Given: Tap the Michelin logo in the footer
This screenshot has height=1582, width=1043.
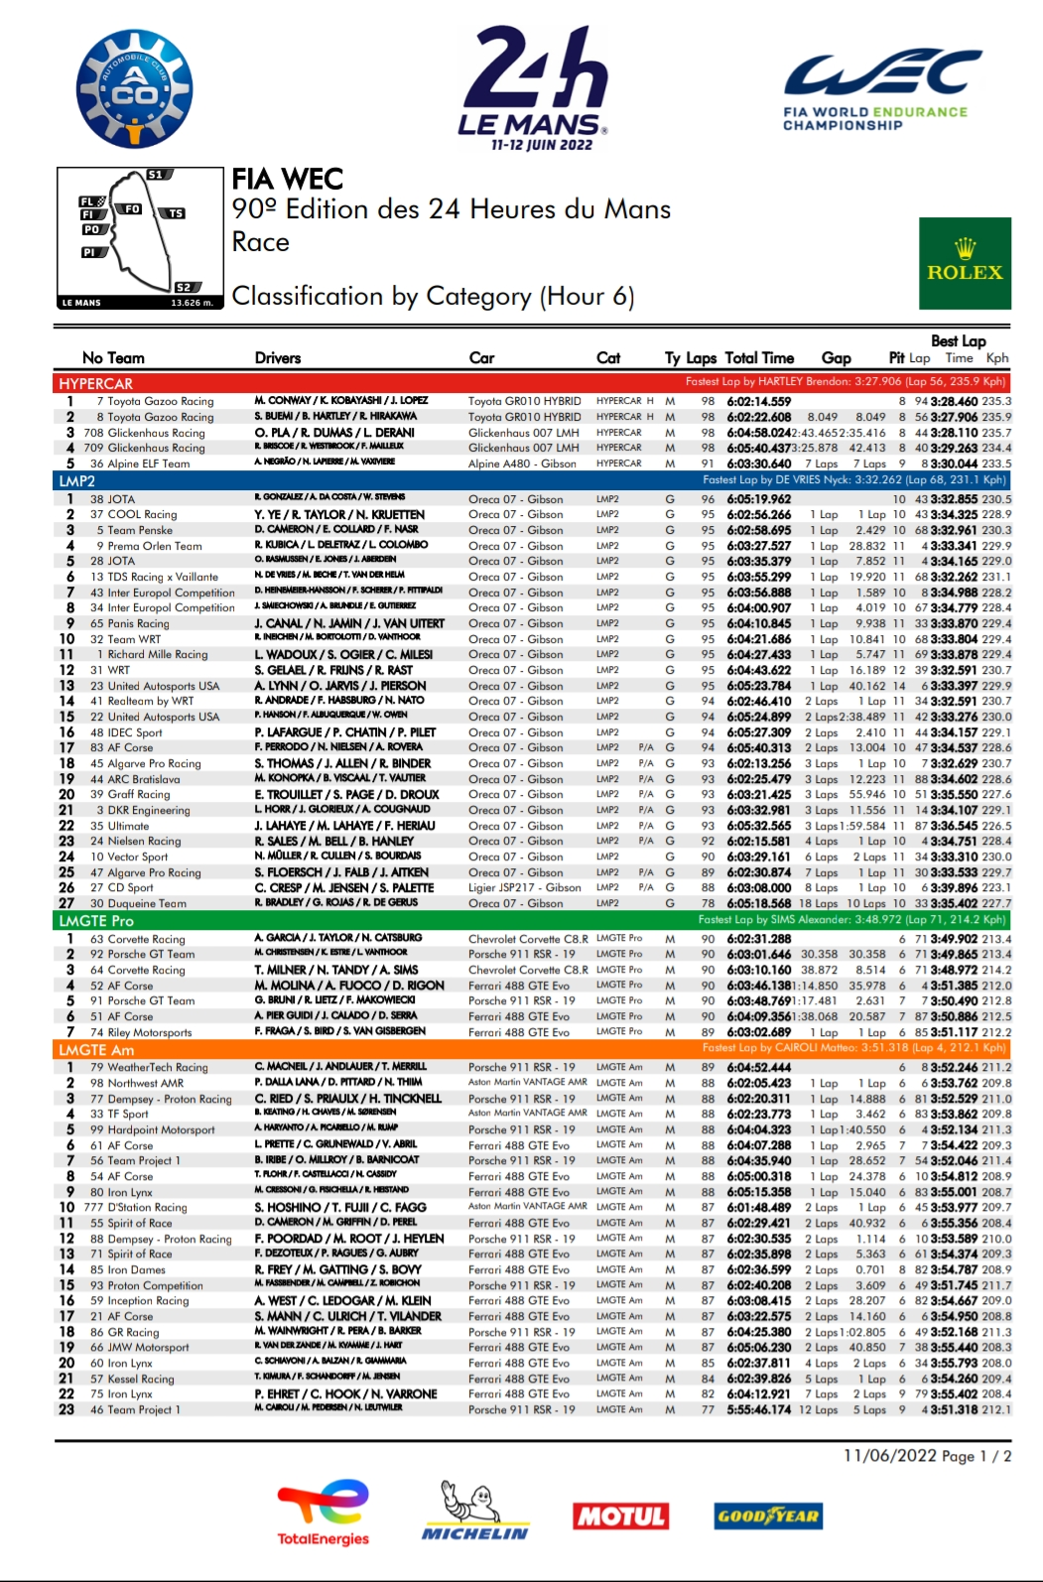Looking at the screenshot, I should click(x=474, y=1511).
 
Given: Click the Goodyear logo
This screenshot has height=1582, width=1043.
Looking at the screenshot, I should click(x=767, y=1516).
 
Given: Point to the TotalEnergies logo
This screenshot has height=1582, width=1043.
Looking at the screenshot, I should click(x=323, y=1513).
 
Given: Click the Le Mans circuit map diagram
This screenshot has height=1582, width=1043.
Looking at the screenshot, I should click(x=140, y=238).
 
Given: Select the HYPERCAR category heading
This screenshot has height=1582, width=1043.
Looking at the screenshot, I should click(x=95, y=383).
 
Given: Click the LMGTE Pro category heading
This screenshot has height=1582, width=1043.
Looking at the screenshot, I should click(x=96, y=921).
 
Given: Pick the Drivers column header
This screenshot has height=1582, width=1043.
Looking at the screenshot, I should click(x=278, y=358).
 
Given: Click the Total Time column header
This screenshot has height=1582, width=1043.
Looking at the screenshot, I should click(x=759, y=358).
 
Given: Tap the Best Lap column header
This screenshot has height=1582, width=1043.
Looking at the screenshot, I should click(x=958, y=341).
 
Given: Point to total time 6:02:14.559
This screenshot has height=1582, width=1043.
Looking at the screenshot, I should click(x=759, y=402).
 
